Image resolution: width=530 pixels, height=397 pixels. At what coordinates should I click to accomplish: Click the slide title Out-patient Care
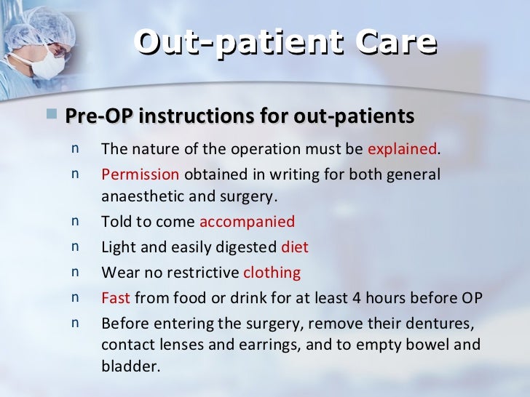pos(285,44)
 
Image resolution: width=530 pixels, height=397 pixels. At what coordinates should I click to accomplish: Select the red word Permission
pos(141,175)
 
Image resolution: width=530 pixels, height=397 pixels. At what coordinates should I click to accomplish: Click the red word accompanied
pos(247,222)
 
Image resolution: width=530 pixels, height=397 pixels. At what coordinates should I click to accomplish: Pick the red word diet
pos(295,248)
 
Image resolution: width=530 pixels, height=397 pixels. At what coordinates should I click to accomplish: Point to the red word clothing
pos(272,273)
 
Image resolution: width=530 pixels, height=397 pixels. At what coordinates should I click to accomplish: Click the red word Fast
pos(116,298)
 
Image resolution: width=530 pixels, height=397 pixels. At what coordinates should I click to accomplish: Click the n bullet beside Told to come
pos(76,222)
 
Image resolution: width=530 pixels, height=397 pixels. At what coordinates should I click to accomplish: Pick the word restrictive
pos(203,273)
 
